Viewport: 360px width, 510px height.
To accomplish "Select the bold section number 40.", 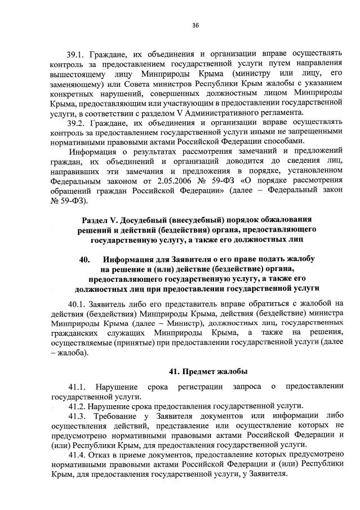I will click(x=86, y=259).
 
